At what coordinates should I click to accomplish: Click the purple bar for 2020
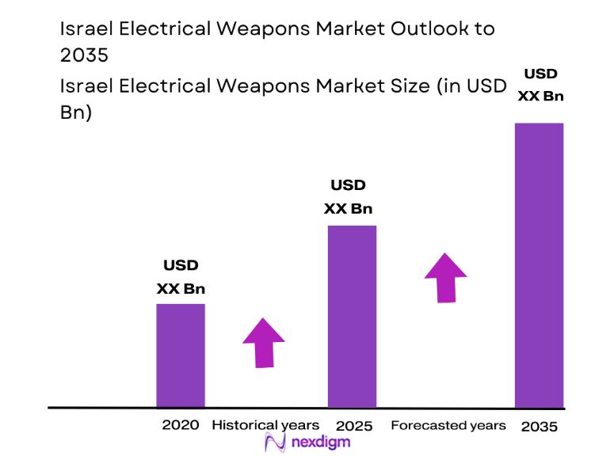[180, 355]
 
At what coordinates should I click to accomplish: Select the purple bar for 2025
[352, 316]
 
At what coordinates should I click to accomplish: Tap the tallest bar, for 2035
[539, 265]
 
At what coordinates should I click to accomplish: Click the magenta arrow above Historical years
[263, 342]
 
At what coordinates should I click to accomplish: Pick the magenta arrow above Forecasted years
[445, 277]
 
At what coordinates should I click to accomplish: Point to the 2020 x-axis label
[181, 425]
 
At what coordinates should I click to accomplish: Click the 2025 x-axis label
[353, 426]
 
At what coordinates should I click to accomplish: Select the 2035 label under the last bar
[539, 426]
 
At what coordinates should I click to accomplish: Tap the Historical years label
[265, 425]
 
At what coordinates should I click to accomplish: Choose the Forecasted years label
[448, 425]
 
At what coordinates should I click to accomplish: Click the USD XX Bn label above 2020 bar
[181, 277]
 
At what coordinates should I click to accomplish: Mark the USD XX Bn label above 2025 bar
[348, 197]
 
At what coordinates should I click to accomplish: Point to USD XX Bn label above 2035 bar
[540, 85]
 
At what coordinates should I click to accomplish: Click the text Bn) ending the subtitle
[76, 112]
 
